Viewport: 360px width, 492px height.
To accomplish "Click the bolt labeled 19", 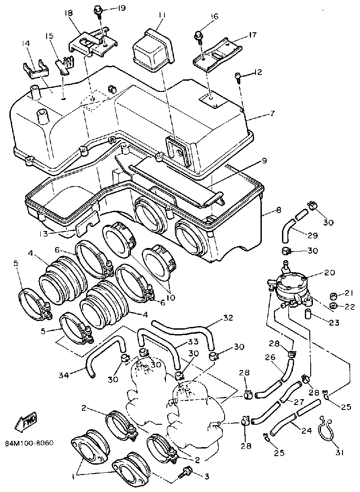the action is pyautogui.click(x=98, y=12).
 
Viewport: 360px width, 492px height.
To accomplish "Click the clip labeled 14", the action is pyautogui.click(x=36, y=67).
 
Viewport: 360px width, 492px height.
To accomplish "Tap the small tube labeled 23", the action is pyautogui.click(x=308, y=314).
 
